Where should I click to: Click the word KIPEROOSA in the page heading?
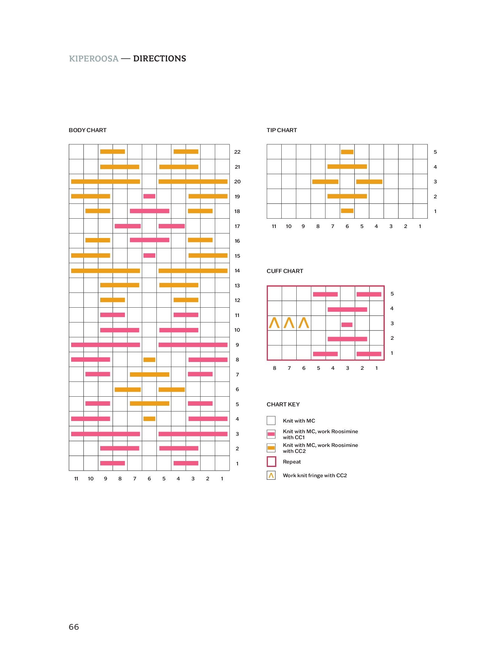click(x=94, y=59)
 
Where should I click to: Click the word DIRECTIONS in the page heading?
click(x=159, y=59)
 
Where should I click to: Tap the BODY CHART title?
click(x=87, y=130)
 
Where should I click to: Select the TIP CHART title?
click(x=282, y=130)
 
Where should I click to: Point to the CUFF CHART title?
click(x=285, y=271)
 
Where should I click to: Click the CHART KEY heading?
click(x=283, y=404)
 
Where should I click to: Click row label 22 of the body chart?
click(x=237, y=152)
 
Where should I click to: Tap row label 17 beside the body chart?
click(x=237, y=226)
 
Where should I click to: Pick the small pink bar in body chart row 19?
click(x=149, y=196)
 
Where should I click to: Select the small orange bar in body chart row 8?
click(x=149, y=360)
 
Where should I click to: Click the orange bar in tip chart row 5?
click(x=347, y=152)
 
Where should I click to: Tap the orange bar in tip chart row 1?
click(x=347, y=211)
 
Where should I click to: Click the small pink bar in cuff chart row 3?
click(x=347, y=325)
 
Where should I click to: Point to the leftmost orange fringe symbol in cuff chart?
click(x=274, y=323)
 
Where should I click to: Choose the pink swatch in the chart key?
click(x=271, y=434)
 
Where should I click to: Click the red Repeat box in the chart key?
click(x=271, y=462)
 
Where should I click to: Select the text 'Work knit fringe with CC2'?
click(x=315, y=475)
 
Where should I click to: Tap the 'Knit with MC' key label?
click(x=299, y=421)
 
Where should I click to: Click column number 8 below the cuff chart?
click(x=274, y=368)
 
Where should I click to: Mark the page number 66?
click(x=74, y=627)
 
